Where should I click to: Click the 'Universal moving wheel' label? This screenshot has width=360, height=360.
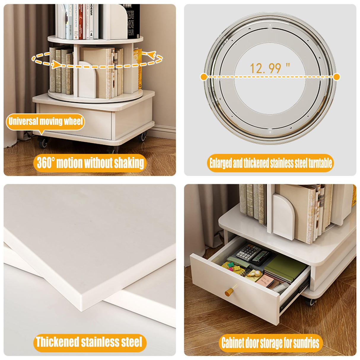(45, 121)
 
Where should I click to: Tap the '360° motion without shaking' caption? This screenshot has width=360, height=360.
(90, 163)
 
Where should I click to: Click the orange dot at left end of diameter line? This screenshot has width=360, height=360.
(204, 77)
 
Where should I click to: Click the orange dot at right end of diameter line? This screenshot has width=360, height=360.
(337, 77)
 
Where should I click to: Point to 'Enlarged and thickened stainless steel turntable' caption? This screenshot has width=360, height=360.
(270, 163)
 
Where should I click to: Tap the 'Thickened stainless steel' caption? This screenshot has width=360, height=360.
(90, 342)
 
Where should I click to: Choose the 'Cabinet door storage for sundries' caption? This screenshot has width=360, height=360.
(270, 343)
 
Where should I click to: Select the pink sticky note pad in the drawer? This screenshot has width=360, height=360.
(267, 280)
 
